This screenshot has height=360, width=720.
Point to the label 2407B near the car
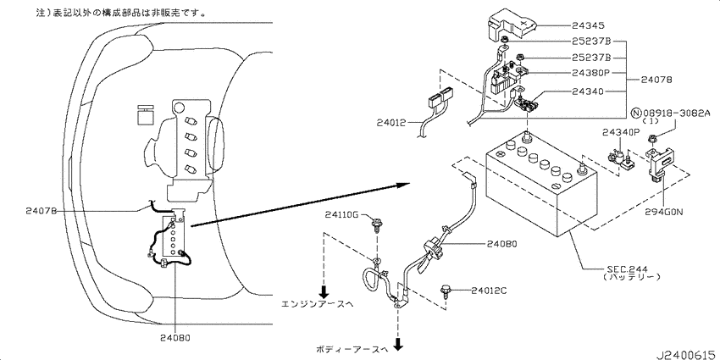[x=42, y=211]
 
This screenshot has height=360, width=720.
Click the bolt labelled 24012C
[x=446, y=292]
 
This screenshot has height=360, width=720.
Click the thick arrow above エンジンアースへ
[x=324, y=291]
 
